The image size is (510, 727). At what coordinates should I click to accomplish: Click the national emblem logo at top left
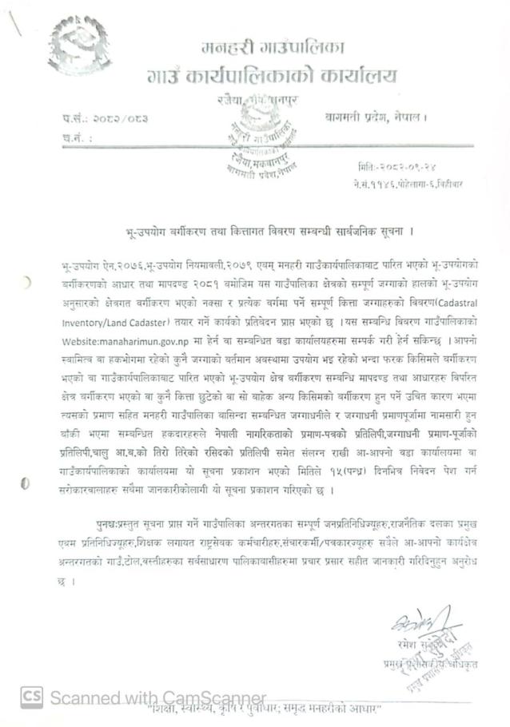point(79,45)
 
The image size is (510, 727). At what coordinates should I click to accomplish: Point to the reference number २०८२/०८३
point(122,119)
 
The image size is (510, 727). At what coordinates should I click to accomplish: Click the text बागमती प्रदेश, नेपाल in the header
point(377,117)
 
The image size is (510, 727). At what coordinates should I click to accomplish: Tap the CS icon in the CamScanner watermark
point(30,697)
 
